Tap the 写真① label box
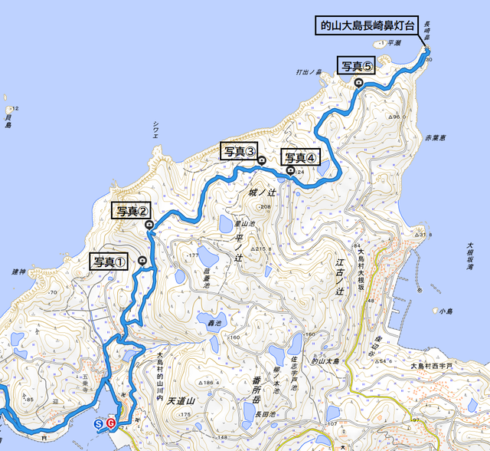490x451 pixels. point(109,261)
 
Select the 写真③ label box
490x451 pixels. point(240,150)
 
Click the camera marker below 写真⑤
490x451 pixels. point(358,82)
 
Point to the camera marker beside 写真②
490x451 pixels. point(149,225)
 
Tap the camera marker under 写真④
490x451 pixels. point(290,170)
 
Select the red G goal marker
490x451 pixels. point(111,423)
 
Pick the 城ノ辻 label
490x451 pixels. point(262,193)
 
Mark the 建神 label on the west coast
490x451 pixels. point(19,272)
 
